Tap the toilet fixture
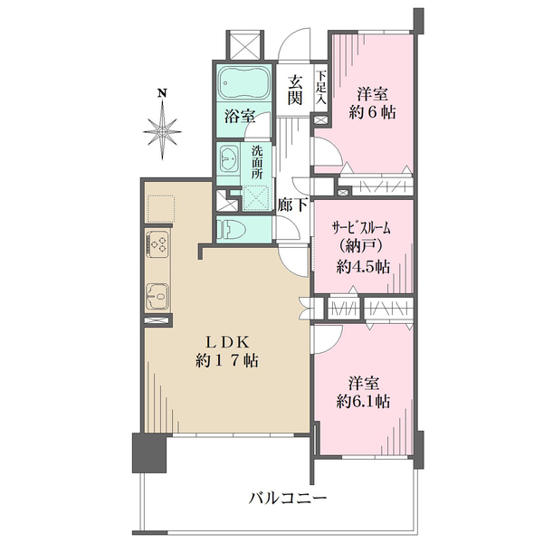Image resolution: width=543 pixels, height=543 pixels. coord(232,229)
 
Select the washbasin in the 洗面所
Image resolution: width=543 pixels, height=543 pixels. coord(229,159)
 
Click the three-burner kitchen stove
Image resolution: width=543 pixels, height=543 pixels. coord(157,244)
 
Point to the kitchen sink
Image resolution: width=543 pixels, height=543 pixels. coord(157,296)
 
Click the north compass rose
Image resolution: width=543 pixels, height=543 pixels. coord(162,131)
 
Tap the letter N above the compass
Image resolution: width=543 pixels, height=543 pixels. coord(162,93)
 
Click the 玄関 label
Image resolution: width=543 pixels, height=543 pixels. coord(295,90)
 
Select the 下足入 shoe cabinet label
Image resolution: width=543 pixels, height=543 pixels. coord(321,87)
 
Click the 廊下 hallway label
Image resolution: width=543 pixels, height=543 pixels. coord(292,205)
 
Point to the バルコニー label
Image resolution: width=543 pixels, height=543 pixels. coord(288,499)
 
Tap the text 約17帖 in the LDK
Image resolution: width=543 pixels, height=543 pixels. coord(227,361)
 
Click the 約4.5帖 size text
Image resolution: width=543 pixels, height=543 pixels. coord(363,267)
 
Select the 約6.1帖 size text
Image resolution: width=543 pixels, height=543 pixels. coord(363,401)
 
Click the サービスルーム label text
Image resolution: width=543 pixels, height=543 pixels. coord(361,228)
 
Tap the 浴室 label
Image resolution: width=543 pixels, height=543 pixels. coord(240,116)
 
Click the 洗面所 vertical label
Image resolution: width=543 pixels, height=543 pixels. coord(257,162)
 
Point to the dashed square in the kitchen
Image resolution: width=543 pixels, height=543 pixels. coord(161,209)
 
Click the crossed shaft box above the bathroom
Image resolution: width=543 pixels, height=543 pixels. coord(245,45)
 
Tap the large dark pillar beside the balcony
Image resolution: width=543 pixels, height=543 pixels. coord(149,452)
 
